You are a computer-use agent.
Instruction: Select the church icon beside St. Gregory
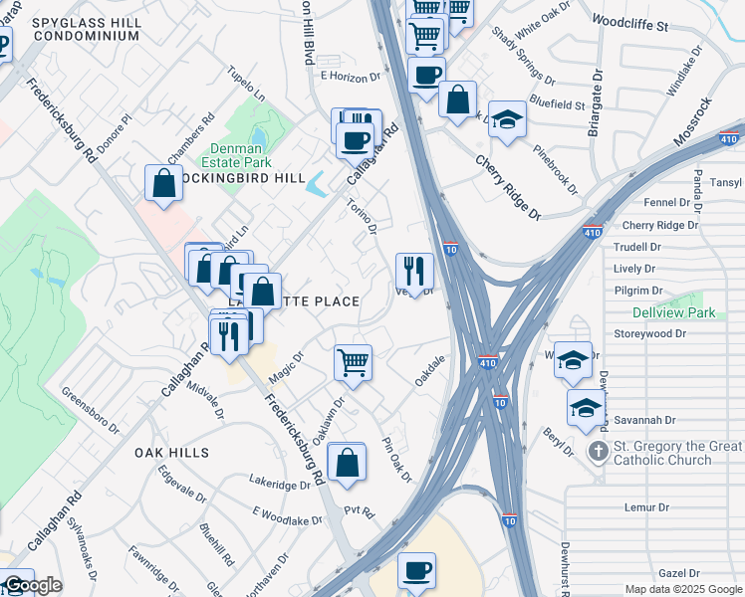(x=598, y=451)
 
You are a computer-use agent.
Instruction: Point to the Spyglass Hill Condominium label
(x=85, y=28)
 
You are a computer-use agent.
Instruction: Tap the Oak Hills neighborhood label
(x=172, y=453)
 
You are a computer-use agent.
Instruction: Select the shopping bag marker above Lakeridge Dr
(x=346, y=463)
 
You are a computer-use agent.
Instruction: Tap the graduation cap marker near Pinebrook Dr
(x=507, y=119)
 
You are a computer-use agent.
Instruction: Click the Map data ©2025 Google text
(x=683, y=589)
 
